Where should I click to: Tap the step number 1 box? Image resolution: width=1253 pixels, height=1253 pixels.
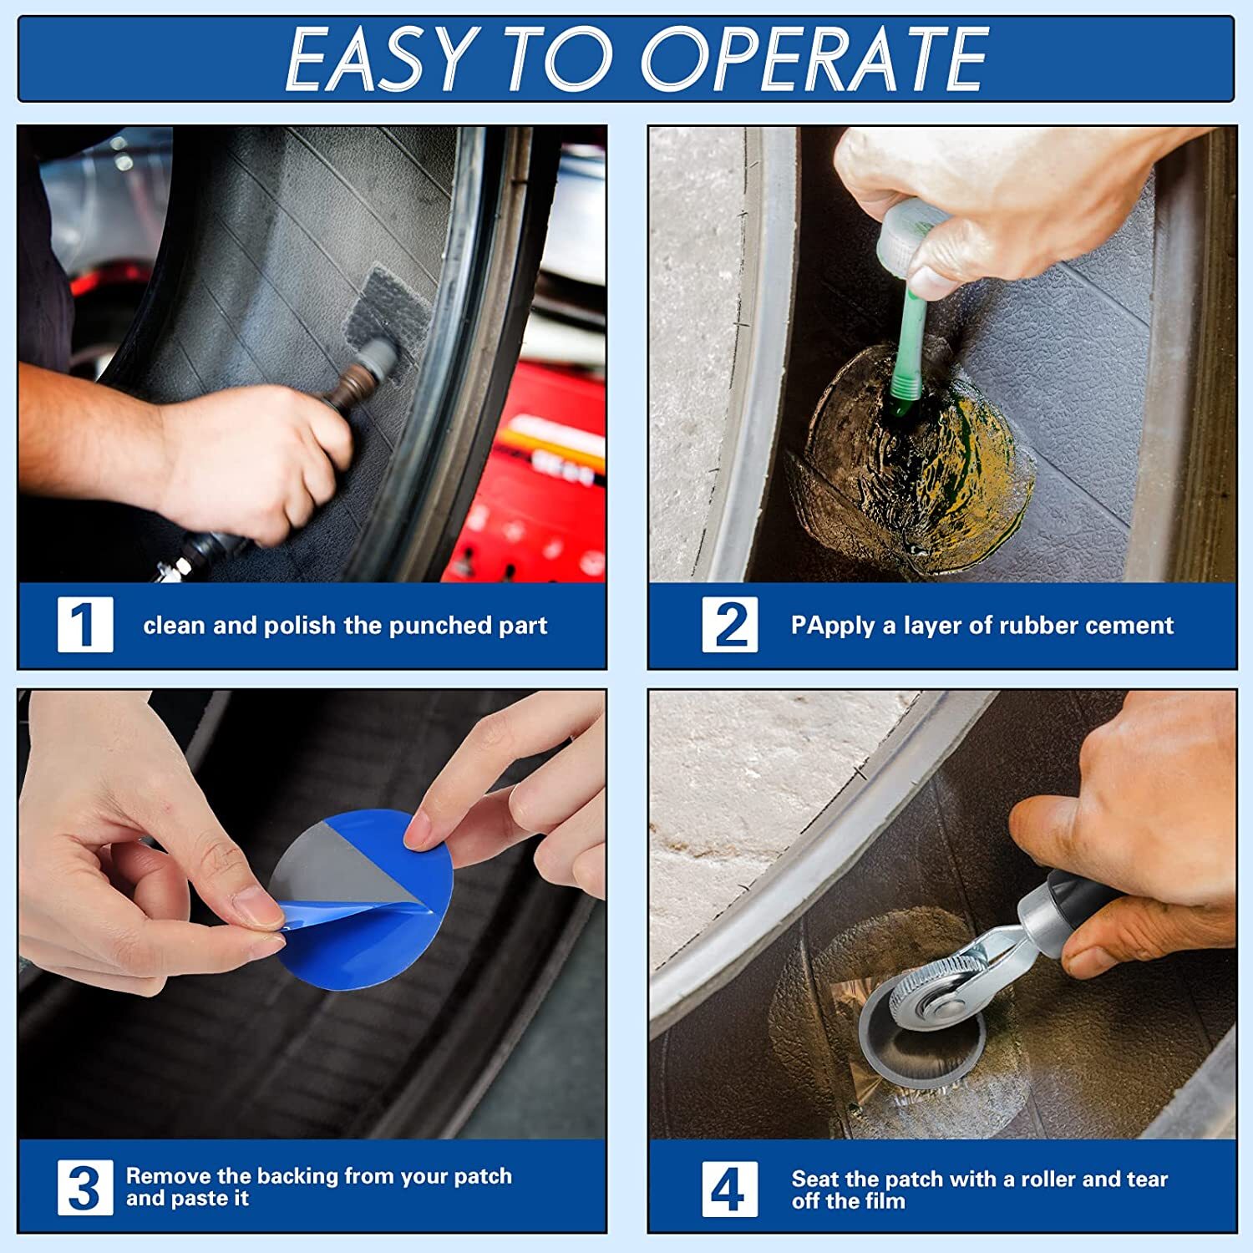(85, 624)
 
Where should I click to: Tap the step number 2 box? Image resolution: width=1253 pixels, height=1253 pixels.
(729, 624)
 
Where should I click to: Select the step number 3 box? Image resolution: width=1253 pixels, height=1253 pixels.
(85, 1187)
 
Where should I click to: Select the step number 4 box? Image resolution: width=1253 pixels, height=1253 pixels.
(729, 1187)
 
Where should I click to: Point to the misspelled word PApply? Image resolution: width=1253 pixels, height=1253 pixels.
(834, 626)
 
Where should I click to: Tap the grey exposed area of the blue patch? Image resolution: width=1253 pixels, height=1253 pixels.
(334, 869)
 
